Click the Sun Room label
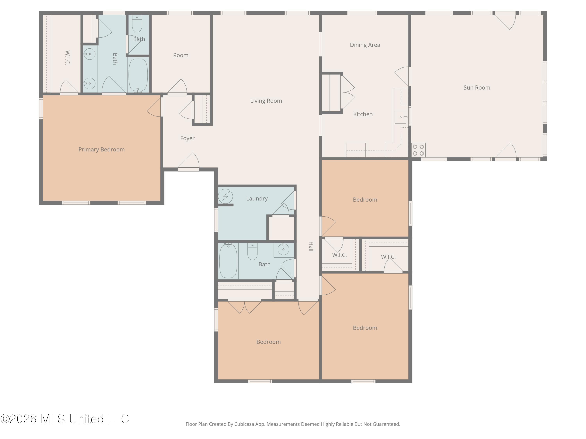pyautogui.click(x=477, y=88)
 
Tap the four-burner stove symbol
pyautogui.click(x=418, y=150)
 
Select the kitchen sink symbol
pyautogui.click(x=401, y=117)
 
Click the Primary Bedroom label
pyautogui.click(x=101, y=149)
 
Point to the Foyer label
pyautogui.click(x=187, y=138)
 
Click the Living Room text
pyautogui.click(x=266, y=101)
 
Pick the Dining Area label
pyautogui.click(x=365, y=45)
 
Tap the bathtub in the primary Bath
pyautogui.click(x=138, y=75)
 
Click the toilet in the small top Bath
pyautogui.click(x=137, y=24)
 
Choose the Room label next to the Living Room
pyautogui.click(x=181, y=55)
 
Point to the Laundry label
pyautogui.click(x=257, y=198)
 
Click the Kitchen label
pyautogui.click(x=363, y=114)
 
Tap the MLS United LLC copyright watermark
pyautogui.click(x=65, y=419)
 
